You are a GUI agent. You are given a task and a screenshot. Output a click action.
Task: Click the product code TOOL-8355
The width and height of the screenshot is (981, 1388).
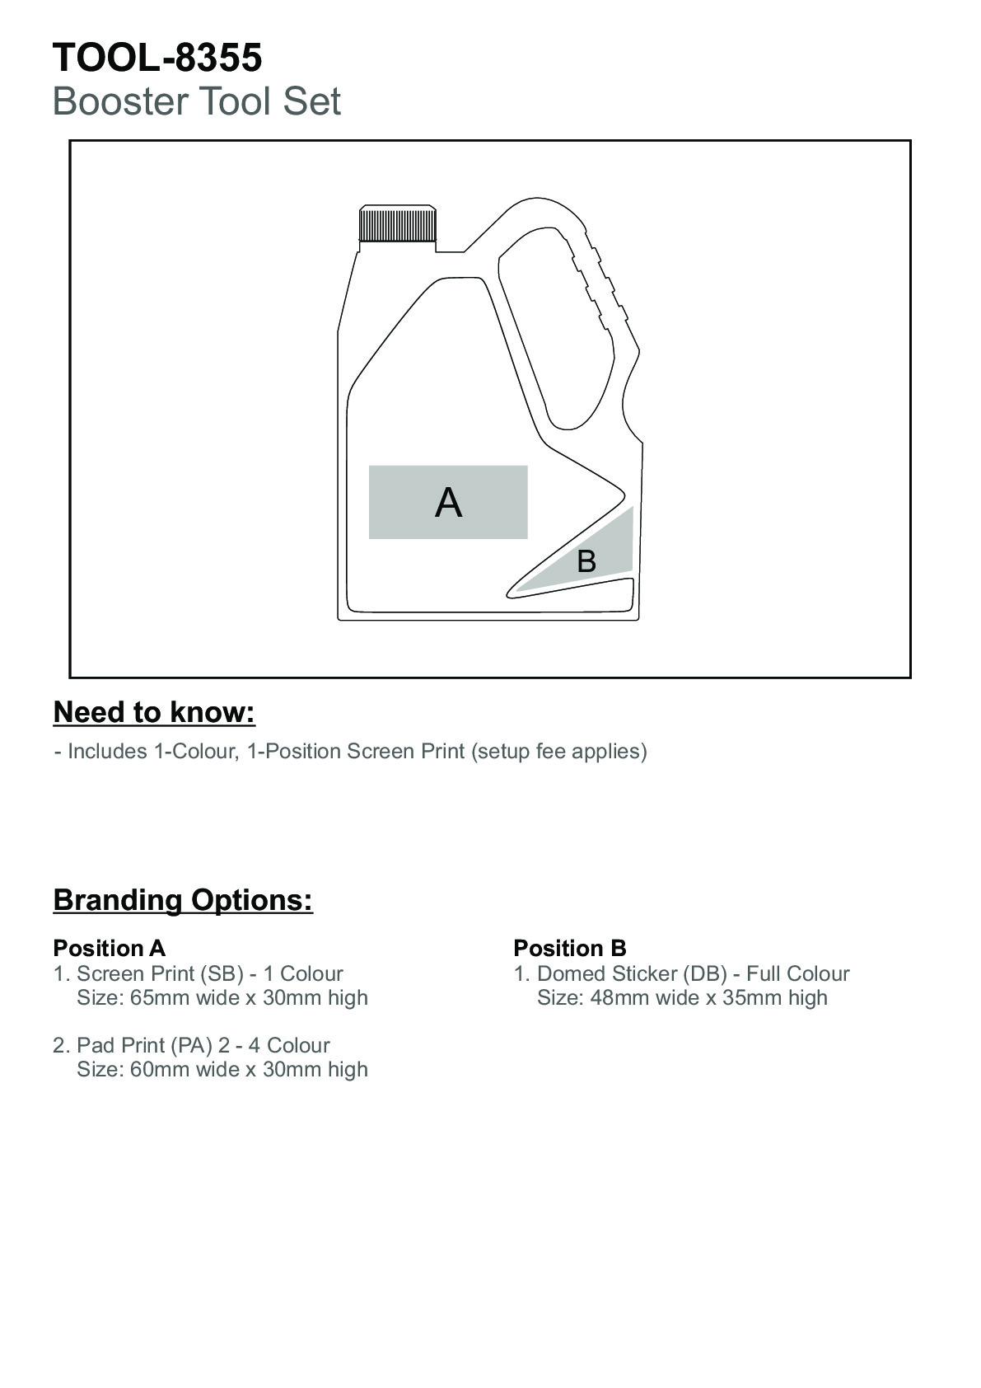click(x=157, y=58)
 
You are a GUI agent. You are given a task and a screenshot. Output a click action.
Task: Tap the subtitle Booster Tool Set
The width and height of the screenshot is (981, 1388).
click(x=196, y=101)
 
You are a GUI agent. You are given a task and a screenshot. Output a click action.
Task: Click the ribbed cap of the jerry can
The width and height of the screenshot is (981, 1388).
click(x=397, y=224)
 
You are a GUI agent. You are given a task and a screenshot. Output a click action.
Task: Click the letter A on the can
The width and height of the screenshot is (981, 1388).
click(x=448, y=503)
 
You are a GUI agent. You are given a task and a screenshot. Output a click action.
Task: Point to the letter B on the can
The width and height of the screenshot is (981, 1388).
click(x=586, y=561)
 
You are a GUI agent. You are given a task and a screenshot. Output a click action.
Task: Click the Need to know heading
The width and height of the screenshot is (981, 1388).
click(x=154, y=712)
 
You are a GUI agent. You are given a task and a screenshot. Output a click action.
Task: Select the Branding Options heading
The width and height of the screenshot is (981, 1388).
click(x=183, y=899)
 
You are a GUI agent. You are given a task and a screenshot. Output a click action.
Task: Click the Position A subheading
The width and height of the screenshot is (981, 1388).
click(x=109, y=948)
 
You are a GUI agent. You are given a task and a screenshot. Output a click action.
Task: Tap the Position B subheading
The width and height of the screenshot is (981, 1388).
click(x=569, y=948)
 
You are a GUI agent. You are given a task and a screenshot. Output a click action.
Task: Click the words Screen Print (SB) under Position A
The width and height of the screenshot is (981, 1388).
click(x=160, y=973)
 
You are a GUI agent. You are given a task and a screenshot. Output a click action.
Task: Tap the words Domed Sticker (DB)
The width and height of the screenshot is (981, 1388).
click(x=632, y=973)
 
